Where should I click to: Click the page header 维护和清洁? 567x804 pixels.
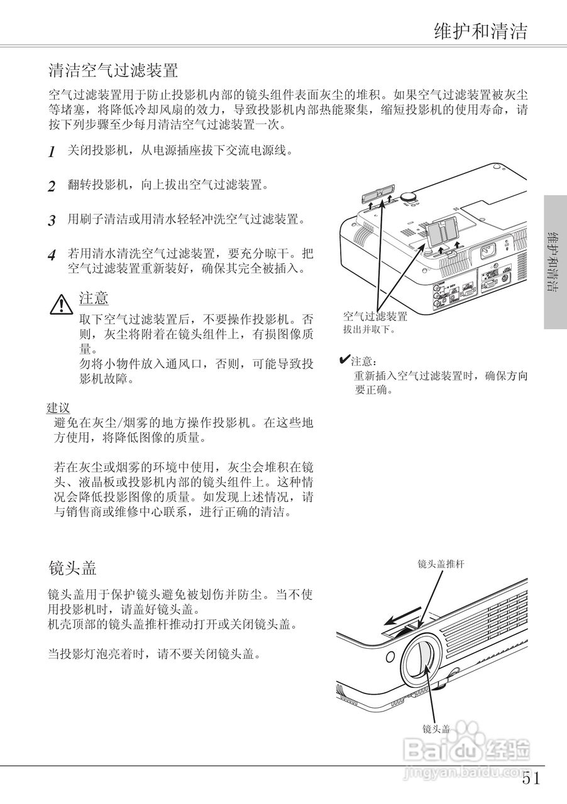coord(480,31)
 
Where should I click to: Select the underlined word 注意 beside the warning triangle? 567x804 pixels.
coord(94,298)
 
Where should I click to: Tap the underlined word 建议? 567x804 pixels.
coord(58,408)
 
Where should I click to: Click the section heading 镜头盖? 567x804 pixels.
coord(72,568)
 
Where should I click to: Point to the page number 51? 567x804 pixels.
coord(531,779)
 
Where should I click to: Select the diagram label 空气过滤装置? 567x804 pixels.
coord(375,316)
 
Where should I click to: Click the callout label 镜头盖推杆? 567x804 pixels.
coord(441,564)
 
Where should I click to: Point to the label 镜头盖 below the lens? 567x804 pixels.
coord(436,729)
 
